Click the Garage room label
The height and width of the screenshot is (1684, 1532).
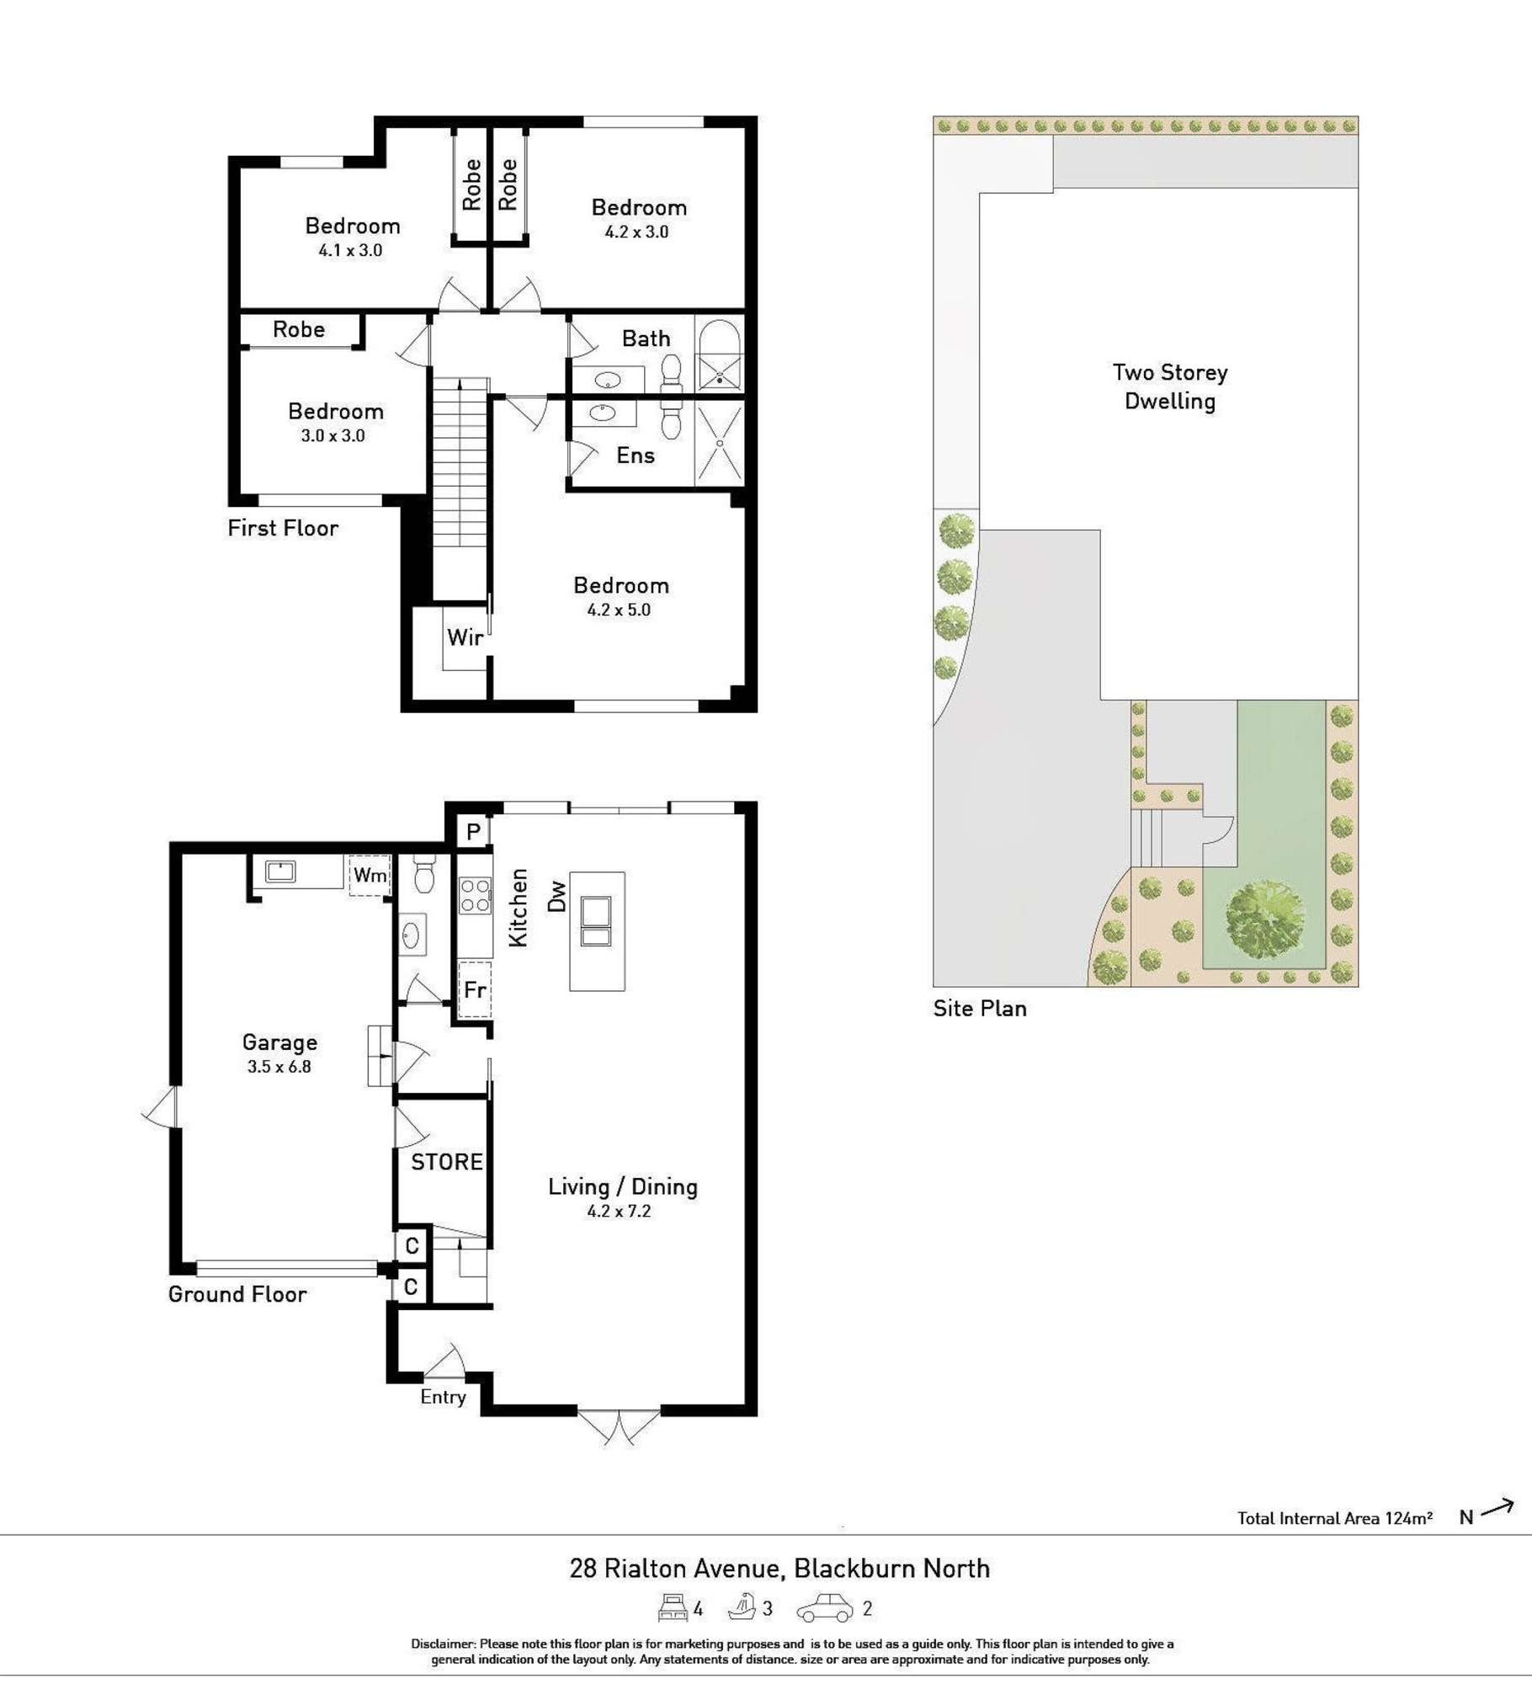(x=279, y=1042)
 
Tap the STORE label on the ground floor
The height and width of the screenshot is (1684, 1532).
(x=447, y=1162)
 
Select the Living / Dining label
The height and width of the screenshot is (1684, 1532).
(x=623, y=1187)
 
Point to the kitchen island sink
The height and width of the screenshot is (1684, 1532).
(x=596, y=923)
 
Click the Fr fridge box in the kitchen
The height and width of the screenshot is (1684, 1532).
(x=475, y=989)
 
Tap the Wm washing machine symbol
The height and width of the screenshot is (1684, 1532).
(x=370, y=875)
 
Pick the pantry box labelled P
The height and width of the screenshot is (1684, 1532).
(x=473, y=833)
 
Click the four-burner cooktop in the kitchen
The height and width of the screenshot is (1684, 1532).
(x=475, y=895)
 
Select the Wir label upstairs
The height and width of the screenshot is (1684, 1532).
(x=465, y=637)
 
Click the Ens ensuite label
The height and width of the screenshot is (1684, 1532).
(x=636, y=456)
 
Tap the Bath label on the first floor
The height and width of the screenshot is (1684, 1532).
(x=646, y=338)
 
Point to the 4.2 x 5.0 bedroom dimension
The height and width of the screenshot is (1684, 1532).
(x=619, y=610)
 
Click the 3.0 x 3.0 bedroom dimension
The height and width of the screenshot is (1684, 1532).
(x=333, y=435)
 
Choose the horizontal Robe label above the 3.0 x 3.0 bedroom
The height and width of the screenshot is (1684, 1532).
(x=299, y=329)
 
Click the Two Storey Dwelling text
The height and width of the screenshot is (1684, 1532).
(x=1170, y=386)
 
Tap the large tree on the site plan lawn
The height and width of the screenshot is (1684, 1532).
(x=1264, y=919)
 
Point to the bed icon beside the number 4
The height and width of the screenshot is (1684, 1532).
(x=673, y=1607)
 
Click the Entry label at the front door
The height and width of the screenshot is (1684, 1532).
(x=443, y=1397)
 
